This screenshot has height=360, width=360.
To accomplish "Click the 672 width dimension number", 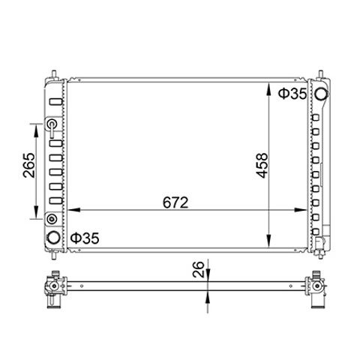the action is pos(175,202).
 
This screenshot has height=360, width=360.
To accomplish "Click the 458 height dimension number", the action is pos(262,166).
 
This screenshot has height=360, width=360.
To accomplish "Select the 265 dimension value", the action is pos(29,165).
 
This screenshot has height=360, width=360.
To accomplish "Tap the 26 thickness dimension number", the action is pos(199,269).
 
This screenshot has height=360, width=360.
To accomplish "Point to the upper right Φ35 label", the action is pos(292,94).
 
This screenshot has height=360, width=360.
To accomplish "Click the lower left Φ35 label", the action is pos(85,238).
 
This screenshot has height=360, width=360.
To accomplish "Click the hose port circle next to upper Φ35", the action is pos(321,94).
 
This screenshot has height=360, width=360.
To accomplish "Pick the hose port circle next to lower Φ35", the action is pos(54,238).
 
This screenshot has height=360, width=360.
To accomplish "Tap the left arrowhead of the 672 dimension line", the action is pos(74,210).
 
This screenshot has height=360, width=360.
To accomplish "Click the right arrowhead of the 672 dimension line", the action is pos(301,210).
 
